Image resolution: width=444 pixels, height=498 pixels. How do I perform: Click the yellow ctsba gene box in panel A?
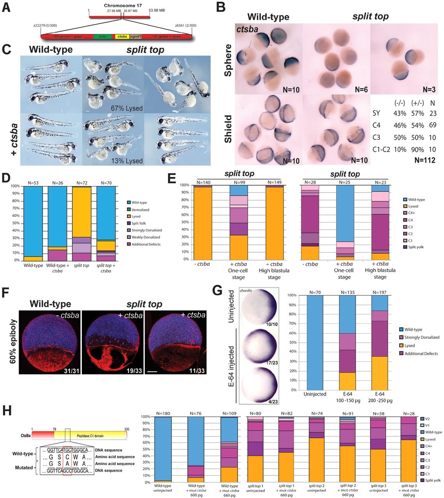(122, 36)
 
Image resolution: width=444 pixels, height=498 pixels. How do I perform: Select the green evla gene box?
(102, 36)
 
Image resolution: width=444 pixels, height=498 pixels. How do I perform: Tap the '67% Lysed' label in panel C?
(127, 108)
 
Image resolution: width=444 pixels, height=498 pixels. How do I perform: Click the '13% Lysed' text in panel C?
(127, 161)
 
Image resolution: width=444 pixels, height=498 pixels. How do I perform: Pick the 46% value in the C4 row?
(400, 125)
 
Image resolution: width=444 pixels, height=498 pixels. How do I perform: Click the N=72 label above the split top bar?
(82, 183)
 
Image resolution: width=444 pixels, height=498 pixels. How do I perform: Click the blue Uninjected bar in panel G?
(315, 342)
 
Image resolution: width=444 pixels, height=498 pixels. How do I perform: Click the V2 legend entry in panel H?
(428, 419)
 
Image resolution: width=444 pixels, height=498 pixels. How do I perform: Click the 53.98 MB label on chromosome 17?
(157, 11)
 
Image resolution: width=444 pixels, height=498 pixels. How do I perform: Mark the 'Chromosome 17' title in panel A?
(123, 6)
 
